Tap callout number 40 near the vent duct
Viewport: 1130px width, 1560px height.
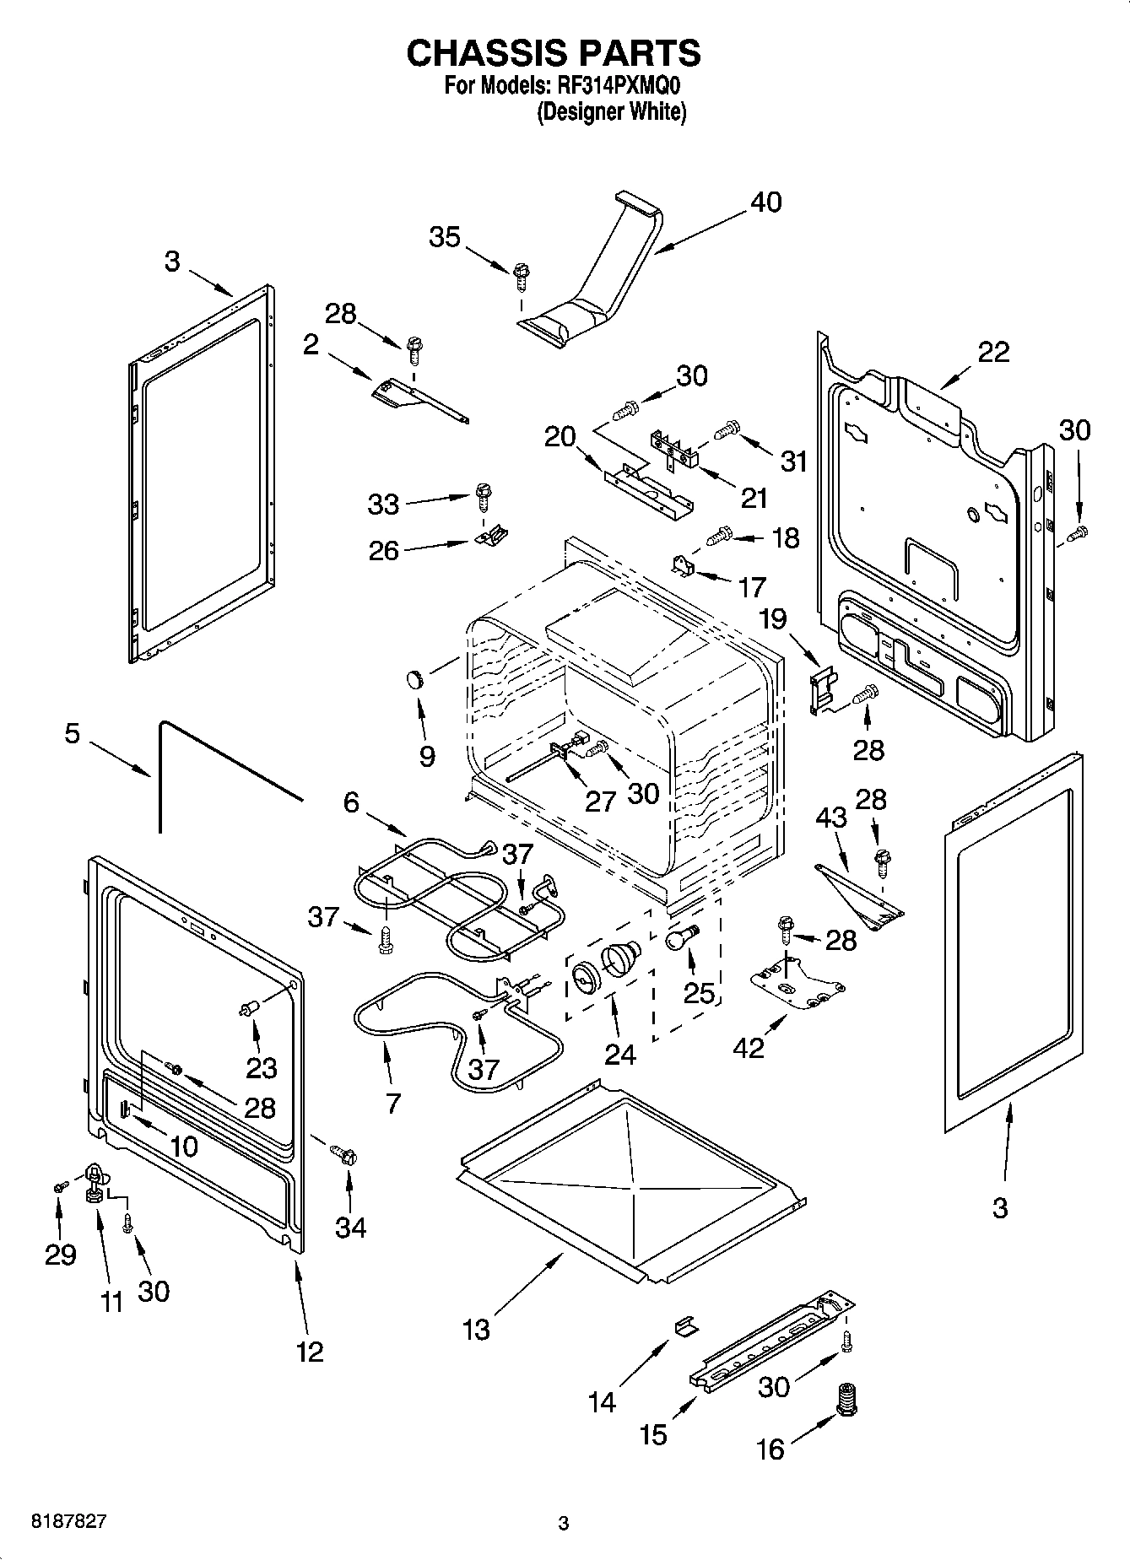pos(765,202)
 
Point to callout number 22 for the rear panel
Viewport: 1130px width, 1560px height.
pos(992,352)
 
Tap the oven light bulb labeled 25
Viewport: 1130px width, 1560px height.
pos(681,937)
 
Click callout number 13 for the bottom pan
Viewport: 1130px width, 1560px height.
pos(476,1330)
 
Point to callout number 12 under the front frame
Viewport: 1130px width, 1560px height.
pos(310,1352)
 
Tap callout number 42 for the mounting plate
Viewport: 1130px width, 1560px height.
pos(749,1047)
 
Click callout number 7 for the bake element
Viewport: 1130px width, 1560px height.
pos(392,1103)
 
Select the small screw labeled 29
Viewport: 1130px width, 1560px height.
pos(59,1187)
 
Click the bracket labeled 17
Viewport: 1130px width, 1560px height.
pos(683,567)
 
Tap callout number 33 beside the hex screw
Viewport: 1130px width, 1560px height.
pos(383,505)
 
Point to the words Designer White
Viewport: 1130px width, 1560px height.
pos(612,111)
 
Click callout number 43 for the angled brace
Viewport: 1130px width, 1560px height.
pos(830,818)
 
